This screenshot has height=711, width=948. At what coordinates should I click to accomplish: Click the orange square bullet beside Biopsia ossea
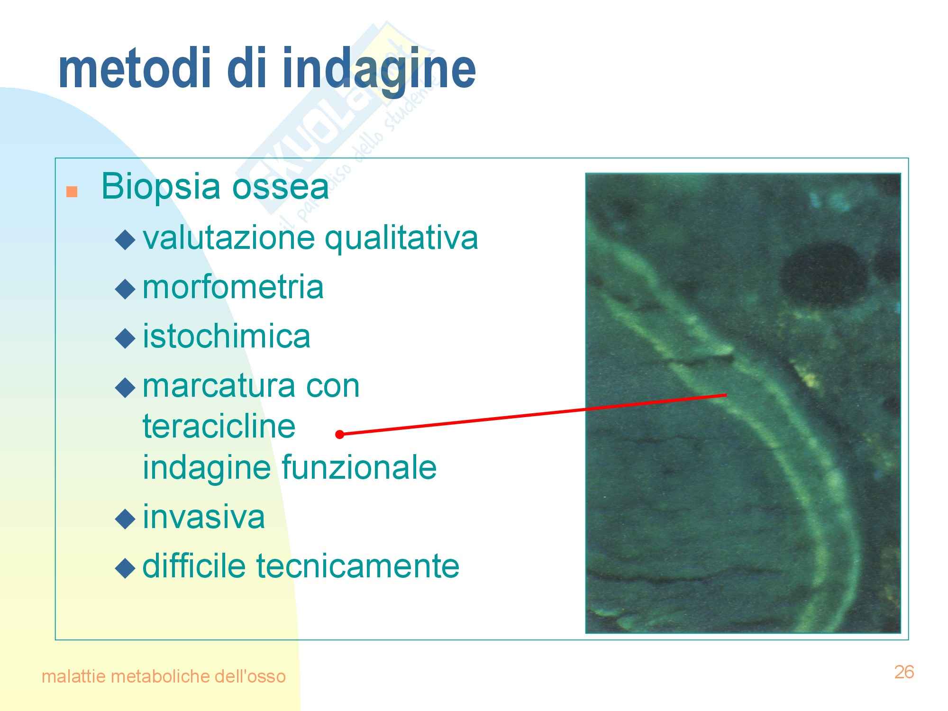coord(72,191)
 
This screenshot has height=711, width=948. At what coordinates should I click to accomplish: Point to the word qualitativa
coord(401,238)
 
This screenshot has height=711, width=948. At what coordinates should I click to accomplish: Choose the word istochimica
coord(227,336)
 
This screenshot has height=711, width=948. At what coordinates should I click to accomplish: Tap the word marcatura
coord(218,386)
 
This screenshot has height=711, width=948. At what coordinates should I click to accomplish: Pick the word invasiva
coord(204,517)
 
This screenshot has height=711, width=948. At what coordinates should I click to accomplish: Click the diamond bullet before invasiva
coord(126,519)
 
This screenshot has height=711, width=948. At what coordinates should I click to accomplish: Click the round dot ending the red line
coord(339,434)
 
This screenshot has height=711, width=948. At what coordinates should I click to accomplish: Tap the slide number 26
coord(904,672)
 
